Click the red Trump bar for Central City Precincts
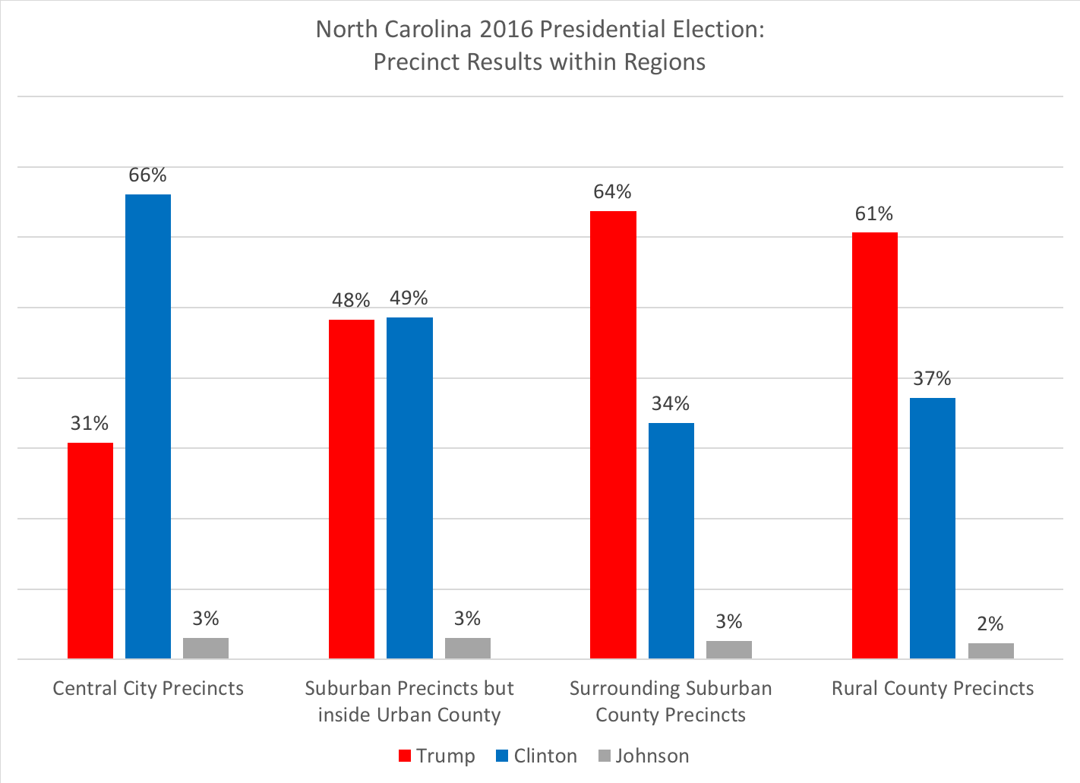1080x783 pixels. [x=90, y=551]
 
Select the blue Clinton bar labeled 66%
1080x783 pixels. [x=148, y=426]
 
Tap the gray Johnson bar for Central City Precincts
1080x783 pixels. [x=206, y=648]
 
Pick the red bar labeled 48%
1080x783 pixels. [x=352, y=489]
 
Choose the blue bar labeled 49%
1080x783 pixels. [x=409, y=488]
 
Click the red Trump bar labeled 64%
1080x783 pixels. [x=613, y=434]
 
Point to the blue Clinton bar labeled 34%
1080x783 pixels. [x=671, y=541]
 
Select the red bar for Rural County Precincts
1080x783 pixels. [x=875, y=445]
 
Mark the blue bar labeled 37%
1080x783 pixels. [x=933, y=528]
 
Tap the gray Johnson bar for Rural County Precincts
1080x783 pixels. [x=990, y=651]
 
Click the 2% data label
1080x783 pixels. [x=990, y=624]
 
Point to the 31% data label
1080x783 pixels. [x=90, y=424]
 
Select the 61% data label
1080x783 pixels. [x=874, y=214]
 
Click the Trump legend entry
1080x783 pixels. [x=437, y=756]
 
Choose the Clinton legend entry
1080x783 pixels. [x=536, y=756]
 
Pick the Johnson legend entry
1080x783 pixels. [x=643, y=756]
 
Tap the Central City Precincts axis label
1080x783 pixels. [x=148, y=689]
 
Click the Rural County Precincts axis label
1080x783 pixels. [x=933, y=689]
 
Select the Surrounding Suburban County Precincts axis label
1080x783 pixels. [x=671, y=702]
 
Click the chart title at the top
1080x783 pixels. [x=539, y=45]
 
